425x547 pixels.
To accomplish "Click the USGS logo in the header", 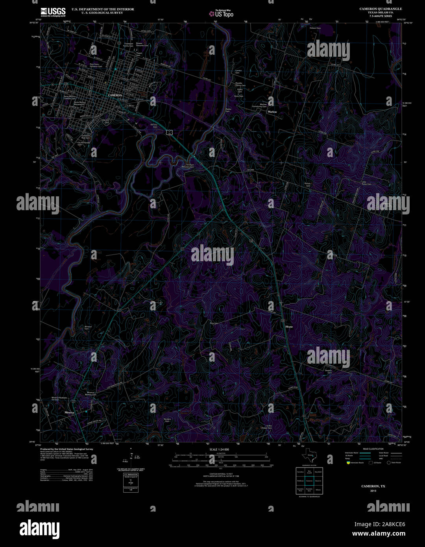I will pos(53,12).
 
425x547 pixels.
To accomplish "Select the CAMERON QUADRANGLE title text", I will pos(381,9).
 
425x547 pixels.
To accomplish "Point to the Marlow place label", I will pos(272,112).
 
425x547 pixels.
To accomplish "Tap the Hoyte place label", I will pos(289,327).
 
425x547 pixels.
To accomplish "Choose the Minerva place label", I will pos(70,412).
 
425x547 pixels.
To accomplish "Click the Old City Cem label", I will pos(154,126).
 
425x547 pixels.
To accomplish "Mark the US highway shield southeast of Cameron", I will pos(169,133).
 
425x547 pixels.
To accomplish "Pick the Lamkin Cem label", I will pos(238,72).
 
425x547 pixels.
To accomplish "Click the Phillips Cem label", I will pos(308,185).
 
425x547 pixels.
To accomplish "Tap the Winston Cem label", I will pos(88,327).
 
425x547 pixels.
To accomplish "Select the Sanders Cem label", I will pos(167,420).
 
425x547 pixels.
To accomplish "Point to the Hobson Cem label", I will pos(315,28).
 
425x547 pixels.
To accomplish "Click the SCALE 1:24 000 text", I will pos(219,449).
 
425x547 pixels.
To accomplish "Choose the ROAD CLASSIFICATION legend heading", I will pos(373,449).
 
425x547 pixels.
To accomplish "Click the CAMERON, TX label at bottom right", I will pos(373,486).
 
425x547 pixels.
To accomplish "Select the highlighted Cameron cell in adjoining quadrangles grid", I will pos(309,481).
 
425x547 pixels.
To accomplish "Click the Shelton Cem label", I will pos(329,371).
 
